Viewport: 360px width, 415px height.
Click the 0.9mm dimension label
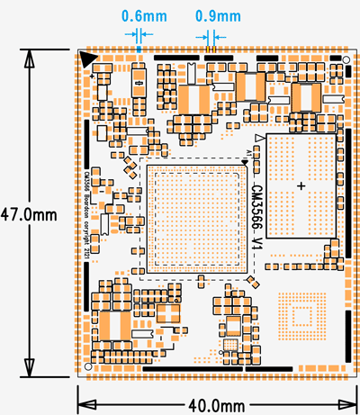(218, 16)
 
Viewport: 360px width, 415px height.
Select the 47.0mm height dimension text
(28, 215)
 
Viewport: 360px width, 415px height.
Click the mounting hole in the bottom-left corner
(87, 367)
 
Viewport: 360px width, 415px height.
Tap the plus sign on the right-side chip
(301, 185)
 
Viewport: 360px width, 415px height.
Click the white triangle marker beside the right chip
(259, 138)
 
